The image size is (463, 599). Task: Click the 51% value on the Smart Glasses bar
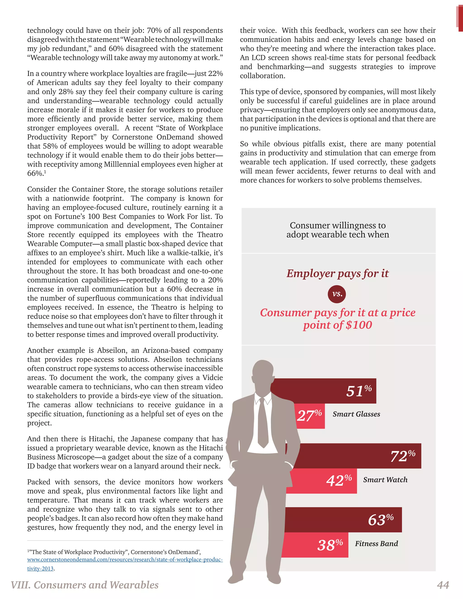coord(359,391)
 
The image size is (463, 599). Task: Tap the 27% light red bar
coord(310,416)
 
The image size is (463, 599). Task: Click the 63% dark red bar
coord(343,520)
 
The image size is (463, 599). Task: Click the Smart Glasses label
coord(356,414)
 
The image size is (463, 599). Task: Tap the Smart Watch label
coord(385,480)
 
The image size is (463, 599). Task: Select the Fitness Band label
coord(376,544)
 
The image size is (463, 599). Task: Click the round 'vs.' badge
coord(337,294)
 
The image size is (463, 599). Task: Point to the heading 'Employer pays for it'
coord(337,274)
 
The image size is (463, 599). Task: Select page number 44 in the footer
coord(443,585)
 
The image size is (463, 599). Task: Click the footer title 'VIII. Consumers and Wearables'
coord(85,585)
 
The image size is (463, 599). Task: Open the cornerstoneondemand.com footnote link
coord(125,559)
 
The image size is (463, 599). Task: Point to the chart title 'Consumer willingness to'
coord(338,225)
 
